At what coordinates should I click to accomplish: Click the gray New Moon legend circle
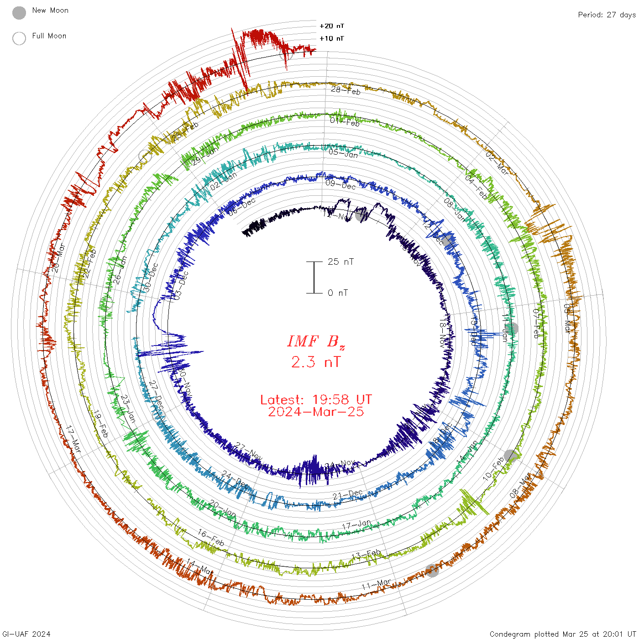pos(19,13)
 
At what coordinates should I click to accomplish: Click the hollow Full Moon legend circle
pos(19,38)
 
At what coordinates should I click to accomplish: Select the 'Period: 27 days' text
pos(607,15)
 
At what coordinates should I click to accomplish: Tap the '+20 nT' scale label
pos(332,26)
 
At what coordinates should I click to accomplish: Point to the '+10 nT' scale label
pos(332,38)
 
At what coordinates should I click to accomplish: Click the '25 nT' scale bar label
pos(340,262)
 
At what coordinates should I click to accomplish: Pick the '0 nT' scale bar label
pos(338,293)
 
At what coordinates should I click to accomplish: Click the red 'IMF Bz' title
pos(316,341)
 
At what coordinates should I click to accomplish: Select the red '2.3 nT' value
pos(316,362)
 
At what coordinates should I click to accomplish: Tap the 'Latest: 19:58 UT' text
pos(316,400)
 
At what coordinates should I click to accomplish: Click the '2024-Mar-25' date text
pos(316,412)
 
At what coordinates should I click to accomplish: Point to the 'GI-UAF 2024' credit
pos(26,634)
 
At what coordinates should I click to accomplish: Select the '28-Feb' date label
pos(346,90)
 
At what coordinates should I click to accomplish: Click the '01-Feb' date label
pos(345,121)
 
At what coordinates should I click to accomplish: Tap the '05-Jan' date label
pos(343,153)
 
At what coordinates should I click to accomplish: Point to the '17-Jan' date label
pos(356,525)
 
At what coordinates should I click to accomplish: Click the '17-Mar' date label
pos(73,439)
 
